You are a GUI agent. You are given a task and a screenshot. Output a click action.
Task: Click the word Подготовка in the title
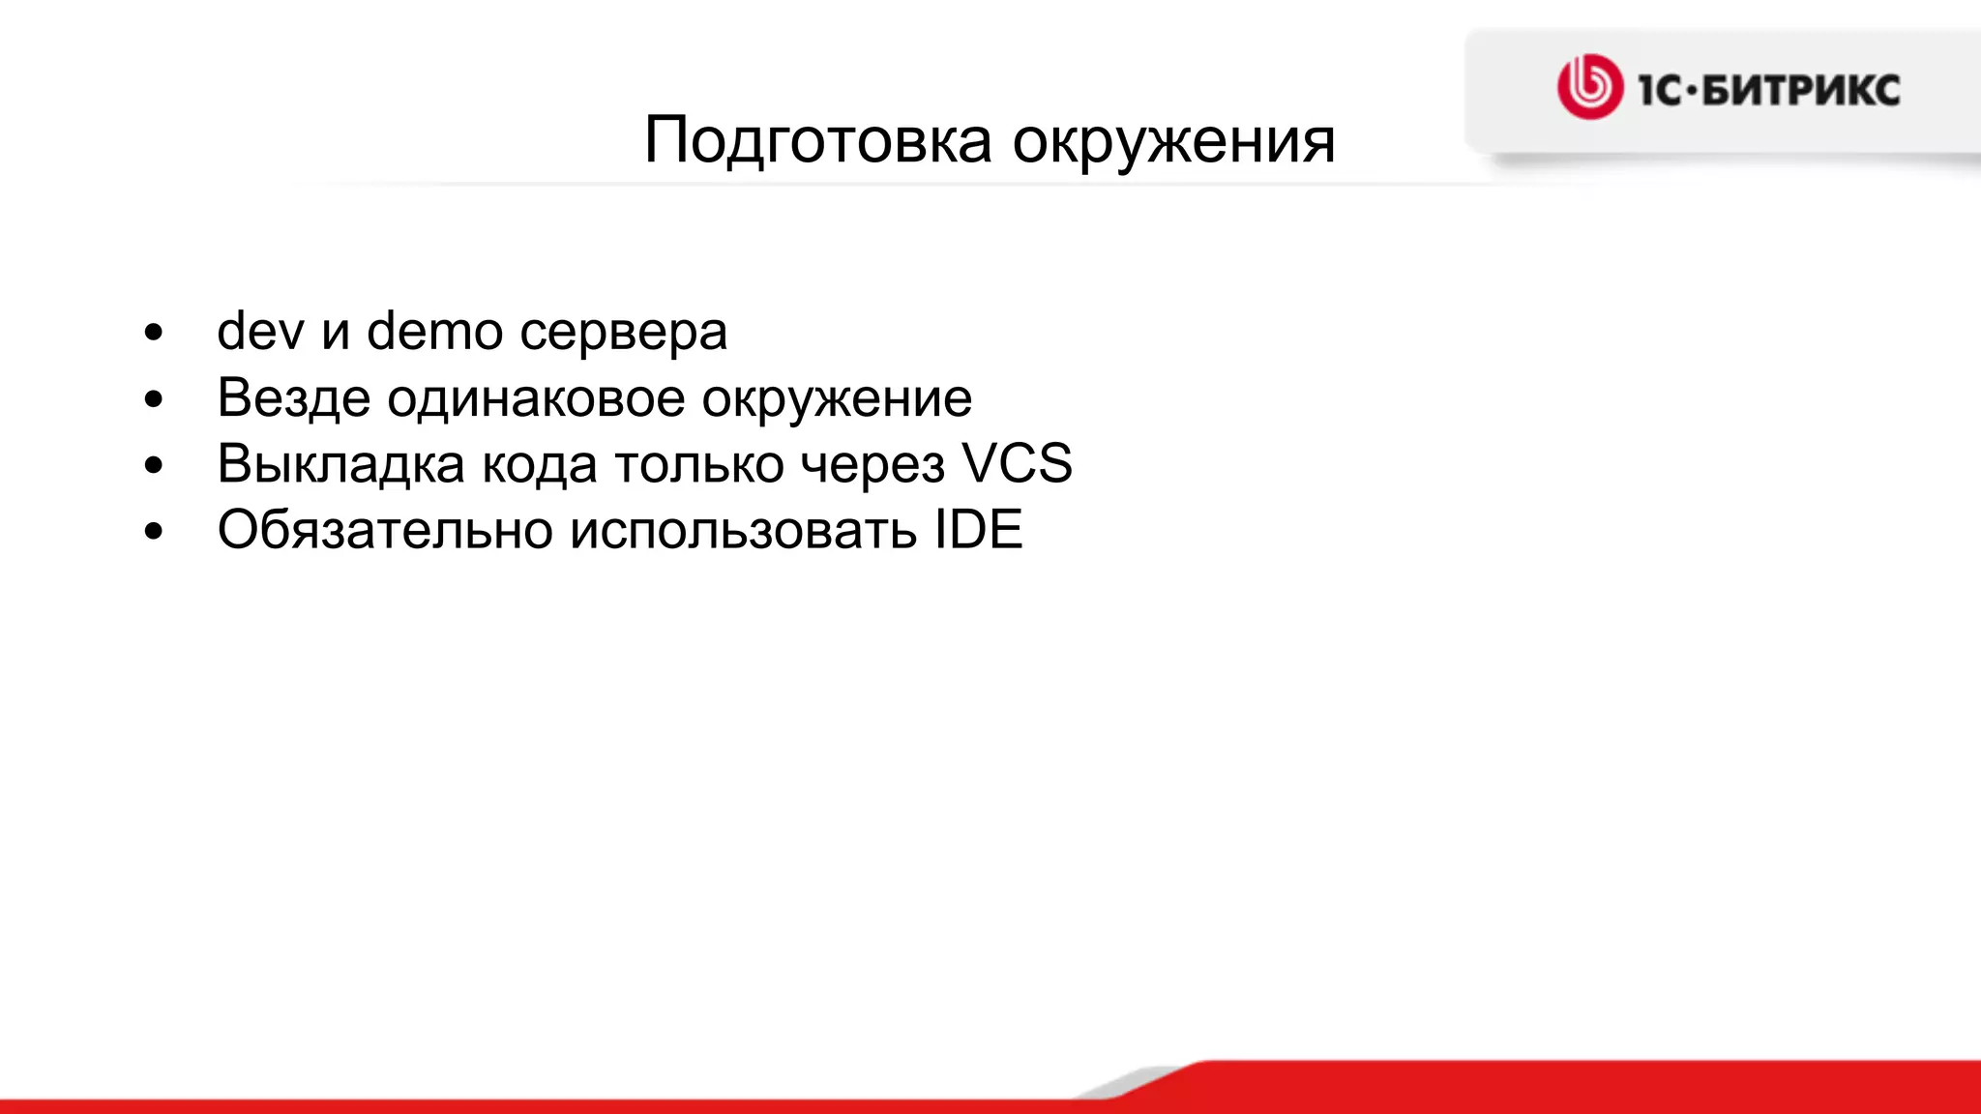point(817,142)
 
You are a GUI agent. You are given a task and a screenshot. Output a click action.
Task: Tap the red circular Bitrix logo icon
point(1589,87)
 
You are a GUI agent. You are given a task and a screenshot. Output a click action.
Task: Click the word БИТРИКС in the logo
point(1800,91)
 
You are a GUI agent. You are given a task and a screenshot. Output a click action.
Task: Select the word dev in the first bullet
point(260,332)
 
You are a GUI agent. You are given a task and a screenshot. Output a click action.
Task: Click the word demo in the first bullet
point(434,332)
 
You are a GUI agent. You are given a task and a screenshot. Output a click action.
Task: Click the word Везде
point(293,398)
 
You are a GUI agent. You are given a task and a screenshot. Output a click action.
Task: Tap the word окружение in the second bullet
point(837,398)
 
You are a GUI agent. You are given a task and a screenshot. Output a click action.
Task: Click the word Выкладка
point(340,464)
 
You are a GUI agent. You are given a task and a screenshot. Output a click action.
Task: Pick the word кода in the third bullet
point(539,464)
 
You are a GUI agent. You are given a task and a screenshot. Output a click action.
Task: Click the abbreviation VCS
point(1017,463)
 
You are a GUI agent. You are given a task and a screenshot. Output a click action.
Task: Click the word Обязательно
point(384,530)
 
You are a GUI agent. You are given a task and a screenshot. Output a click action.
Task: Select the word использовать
point(742,530)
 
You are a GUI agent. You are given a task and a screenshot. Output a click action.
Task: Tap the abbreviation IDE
point(978,529)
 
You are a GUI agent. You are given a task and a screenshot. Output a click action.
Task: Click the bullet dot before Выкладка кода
point(154,466)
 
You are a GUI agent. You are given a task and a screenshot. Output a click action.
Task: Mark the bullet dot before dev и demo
point(154,334)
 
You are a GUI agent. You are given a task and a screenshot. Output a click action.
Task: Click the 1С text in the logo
point(1660,91)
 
